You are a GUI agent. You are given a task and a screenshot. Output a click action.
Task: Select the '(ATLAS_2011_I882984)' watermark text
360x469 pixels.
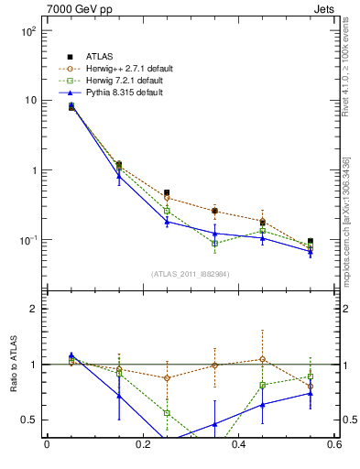190,274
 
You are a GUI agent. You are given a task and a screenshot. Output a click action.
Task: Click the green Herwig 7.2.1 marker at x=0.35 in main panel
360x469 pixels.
214,244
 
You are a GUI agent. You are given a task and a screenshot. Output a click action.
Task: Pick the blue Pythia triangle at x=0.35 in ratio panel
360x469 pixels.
214,424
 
